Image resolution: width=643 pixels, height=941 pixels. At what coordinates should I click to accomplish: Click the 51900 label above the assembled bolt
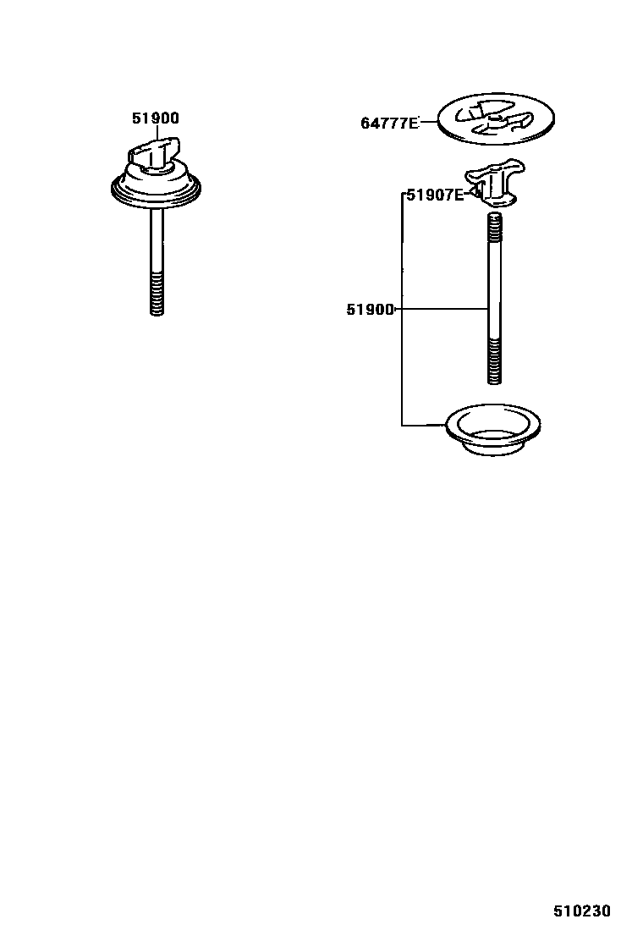pos(156,119)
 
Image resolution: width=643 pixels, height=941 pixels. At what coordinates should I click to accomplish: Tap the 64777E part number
pos(389,124)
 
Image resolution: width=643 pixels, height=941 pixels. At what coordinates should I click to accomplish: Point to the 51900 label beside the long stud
pos(370,310)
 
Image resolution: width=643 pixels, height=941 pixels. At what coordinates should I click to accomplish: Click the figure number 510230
pos(582,911)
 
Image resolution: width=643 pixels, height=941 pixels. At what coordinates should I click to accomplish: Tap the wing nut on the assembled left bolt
pos(154,154)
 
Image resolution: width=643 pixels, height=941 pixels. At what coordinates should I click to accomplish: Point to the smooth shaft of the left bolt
pos(157,241)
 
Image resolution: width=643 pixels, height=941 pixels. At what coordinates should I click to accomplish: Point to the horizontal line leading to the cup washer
pos(423,424)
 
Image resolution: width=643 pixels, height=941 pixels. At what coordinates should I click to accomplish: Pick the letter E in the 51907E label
pos(459,195)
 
